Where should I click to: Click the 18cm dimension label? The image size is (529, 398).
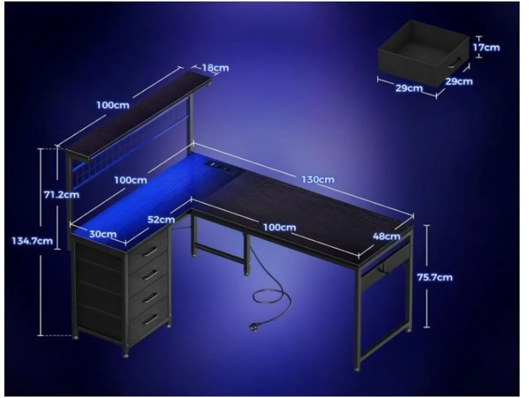coord(216,68)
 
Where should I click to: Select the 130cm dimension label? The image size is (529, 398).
coord(318,179)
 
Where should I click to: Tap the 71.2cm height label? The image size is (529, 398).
coord(62,194)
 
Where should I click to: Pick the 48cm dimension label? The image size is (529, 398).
coord(386,236)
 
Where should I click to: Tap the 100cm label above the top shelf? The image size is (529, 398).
coord(113,105)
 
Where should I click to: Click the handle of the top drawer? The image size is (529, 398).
coord(150,251)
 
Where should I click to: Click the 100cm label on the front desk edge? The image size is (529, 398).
coord(279,228)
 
